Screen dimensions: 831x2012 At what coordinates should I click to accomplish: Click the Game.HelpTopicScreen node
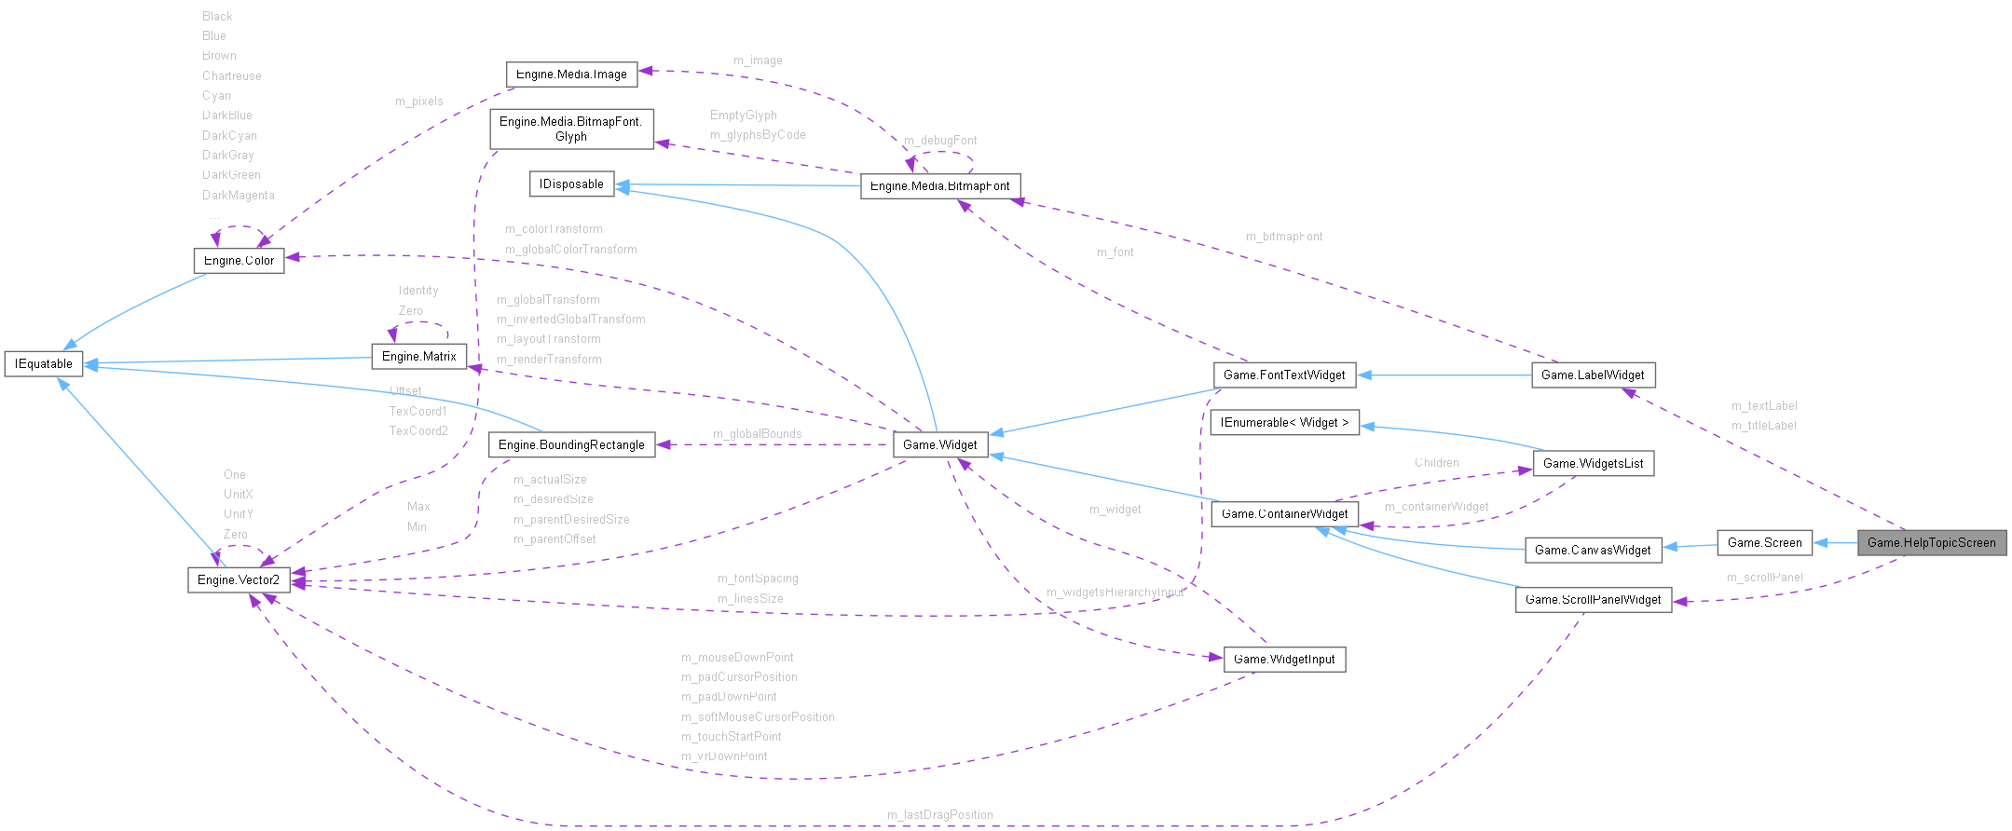(1931, 542)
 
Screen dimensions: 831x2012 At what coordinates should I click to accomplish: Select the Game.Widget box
(939, 444)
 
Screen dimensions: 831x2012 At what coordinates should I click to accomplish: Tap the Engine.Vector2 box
(239, 579)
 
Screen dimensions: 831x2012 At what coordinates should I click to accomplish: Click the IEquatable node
(44, 363)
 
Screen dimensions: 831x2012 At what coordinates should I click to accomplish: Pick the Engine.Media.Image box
(571, 75)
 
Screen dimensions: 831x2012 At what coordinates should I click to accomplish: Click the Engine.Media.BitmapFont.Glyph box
(571, 129)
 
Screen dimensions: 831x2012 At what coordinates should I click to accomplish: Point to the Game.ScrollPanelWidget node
(1593, 599)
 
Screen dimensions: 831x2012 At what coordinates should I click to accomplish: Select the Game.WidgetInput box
(1284, 659)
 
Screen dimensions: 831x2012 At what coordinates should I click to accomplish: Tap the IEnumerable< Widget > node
(1284, 422)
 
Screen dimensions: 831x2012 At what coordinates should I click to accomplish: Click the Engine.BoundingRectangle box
(571, 444)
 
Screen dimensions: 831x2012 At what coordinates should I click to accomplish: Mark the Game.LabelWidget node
(1593, 375)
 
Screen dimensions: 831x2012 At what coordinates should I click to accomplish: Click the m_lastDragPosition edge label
(939, 814)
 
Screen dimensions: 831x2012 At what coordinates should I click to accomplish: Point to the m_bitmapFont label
(1283, 237)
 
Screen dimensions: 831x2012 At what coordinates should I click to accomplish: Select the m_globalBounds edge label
(757, 433)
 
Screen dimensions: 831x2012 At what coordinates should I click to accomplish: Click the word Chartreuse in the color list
(231, 75)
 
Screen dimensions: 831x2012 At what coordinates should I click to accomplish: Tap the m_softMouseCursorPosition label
(758, 716)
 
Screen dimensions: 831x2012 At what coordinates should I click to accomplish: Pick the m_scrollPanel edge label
(1764, 578)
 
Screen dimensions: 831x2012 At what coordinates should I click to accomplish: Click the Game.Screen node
(1764, 542)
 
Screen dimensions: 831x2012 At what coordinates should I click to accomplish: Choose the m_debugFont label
(940, 140)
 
